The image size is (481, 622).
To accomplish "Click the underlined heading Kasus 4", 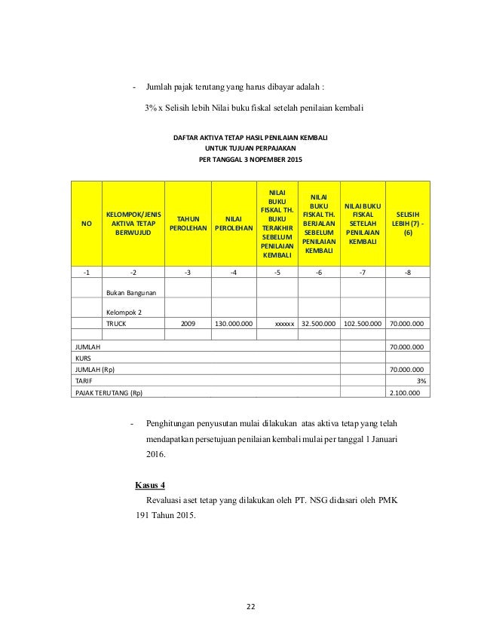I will [150, 483].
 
